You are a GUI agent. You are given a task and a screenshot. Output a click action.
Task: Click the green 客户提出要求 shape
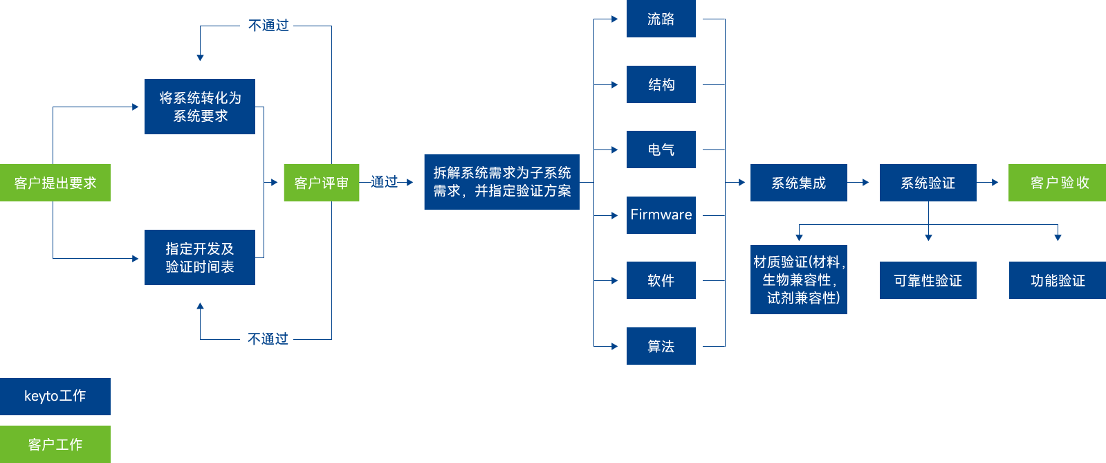[x=56, y=183]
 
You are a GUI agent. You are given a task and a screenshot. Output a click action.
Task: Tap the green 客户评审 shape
[x=322, y=183]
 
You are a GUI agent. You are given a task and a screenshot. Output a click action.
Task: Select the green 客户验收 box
[x=1058, y=183]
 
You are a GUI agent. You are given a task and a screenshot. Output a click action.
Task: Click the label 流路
[x=661, y=19]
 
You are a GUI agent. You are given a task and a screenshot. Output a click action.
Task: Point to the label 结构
[x=661, y=84]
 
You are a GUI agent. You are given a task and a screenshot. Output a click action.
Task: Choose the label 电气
[x=661, y=149]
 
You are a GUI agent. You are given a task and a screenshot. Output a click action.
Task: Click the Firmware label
[x=661, y=215]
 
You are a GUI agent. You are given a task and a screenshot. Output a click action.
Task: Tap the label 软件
[x=661, y=280]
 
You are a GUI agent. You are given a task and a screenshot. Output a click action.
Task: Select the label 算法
[x=661, y=346]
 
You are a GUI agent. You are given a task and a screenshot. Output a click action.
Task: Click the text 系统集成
[x=798, y=183]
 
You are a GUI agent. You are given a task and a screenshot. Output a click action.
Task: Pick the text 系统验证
[x=928, y=183]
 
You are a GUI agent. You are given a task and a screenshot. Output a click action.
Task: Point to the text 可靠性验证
[x=928, y=280]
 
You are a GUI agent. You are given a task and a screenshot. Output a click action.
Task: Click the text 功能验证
[x=1058, y=280]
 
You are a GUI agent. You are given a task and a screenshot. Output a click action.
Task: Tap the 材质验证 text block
[x=800, y=280]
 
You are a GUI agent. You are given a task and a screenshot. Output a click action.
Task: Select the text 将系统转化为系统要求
[x=201, y=107]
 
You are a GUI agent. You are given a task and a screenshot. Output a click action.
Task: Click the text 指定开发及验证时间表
[x=200, y=257]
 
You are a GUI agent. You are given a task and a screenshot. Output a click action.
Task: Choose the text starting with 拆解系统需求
[x=502, y=181]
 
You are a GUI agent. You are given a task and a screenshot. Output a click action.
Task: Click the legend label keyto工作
[x=55, y=396]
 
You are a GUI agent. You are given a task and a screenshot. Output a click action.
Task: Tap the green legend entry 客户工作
[x=55, y=444]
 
